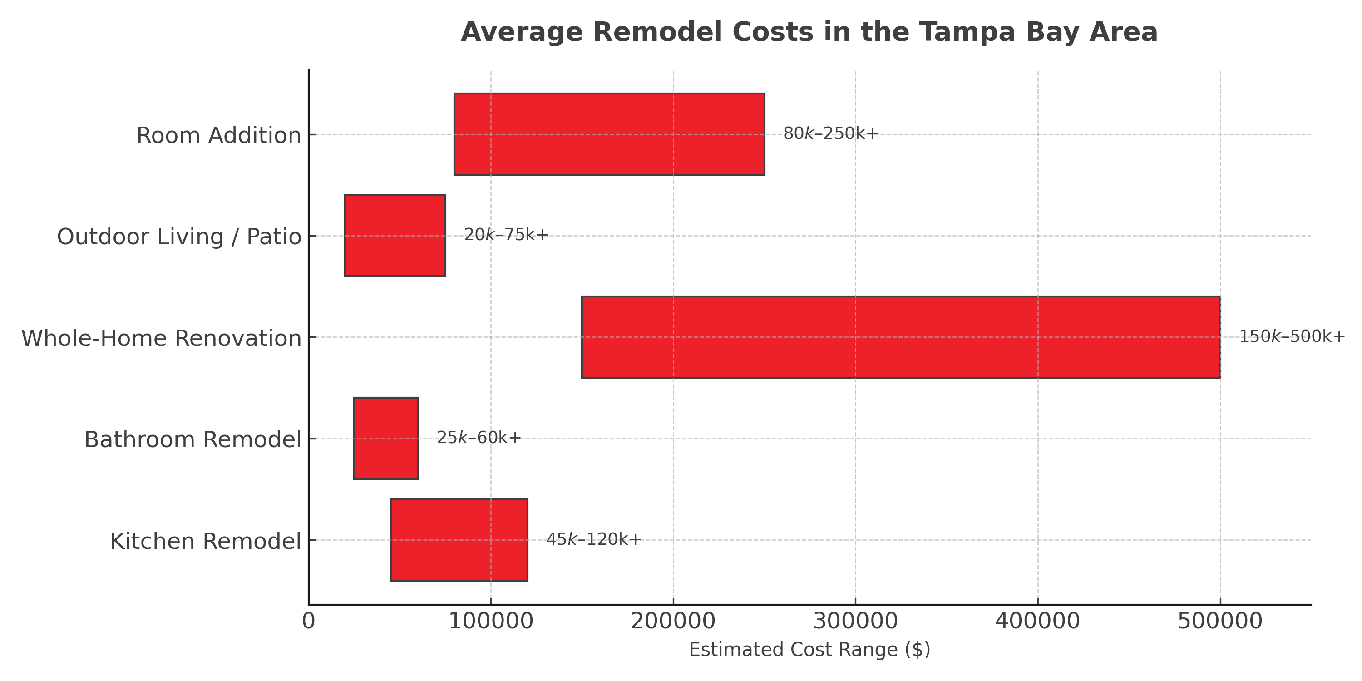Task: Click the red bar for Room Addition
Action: click(609, 134)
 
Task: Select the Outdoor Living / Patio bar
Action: click(395, 235)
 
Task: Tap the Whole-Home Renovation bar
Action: click(901, 337)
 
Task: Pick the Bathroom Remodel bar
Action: click(386, 438)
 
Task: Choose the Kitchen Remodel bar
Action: click(459, 540)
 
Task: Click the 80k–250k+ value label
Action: click(830, 134)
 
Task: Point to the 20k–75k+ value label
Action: click(506, 235)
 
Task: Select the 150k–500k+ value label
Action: click(1292, 336)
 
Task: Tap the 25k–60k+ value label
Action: click(479, 438)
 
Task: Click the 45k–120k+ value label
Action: click(593, 539)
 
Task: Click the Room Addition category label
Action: click(218, 135)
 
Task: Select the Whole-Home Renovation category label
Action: click(161, 338)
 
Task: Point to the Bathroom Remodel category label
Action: click(192, 440)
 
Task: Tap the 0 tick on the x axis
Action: click(308, 621)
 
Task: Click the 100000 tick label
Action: click(491, 621)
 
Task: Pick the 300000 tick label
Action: click(855, 621)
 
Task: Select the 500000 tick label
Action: click(1220, 621)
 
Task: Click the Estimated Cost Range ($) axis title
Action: click(809, 650)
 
